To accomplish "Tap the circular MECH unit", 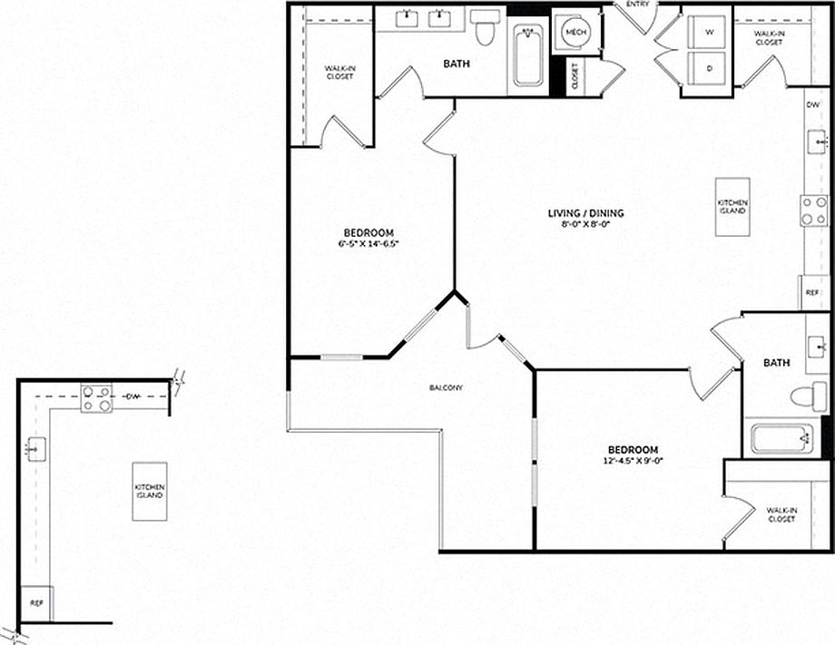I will tap(574, 33).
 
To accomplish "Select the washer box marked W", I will tap(706, 31).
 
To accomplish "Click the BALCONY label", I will tap(447, 388).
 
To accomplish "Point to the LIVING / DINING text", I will tap(585, 214).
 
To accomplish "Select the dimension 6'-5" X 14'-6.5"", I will tap(369, 243).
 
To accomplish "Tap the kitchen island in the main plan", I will tap(732, 207).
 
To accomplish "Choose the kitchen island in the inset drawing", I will tap(149, 491).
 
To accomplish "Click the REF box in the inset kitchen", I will tap(36, 602).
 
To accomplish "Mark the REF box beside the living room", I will tap(814, 293).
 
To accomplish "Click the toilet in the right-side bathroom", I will tap(807, 396).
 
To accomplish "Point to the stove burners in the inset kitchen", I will tap(96, 398).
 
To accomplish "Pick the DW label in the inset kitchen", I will tap(133, 396).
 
